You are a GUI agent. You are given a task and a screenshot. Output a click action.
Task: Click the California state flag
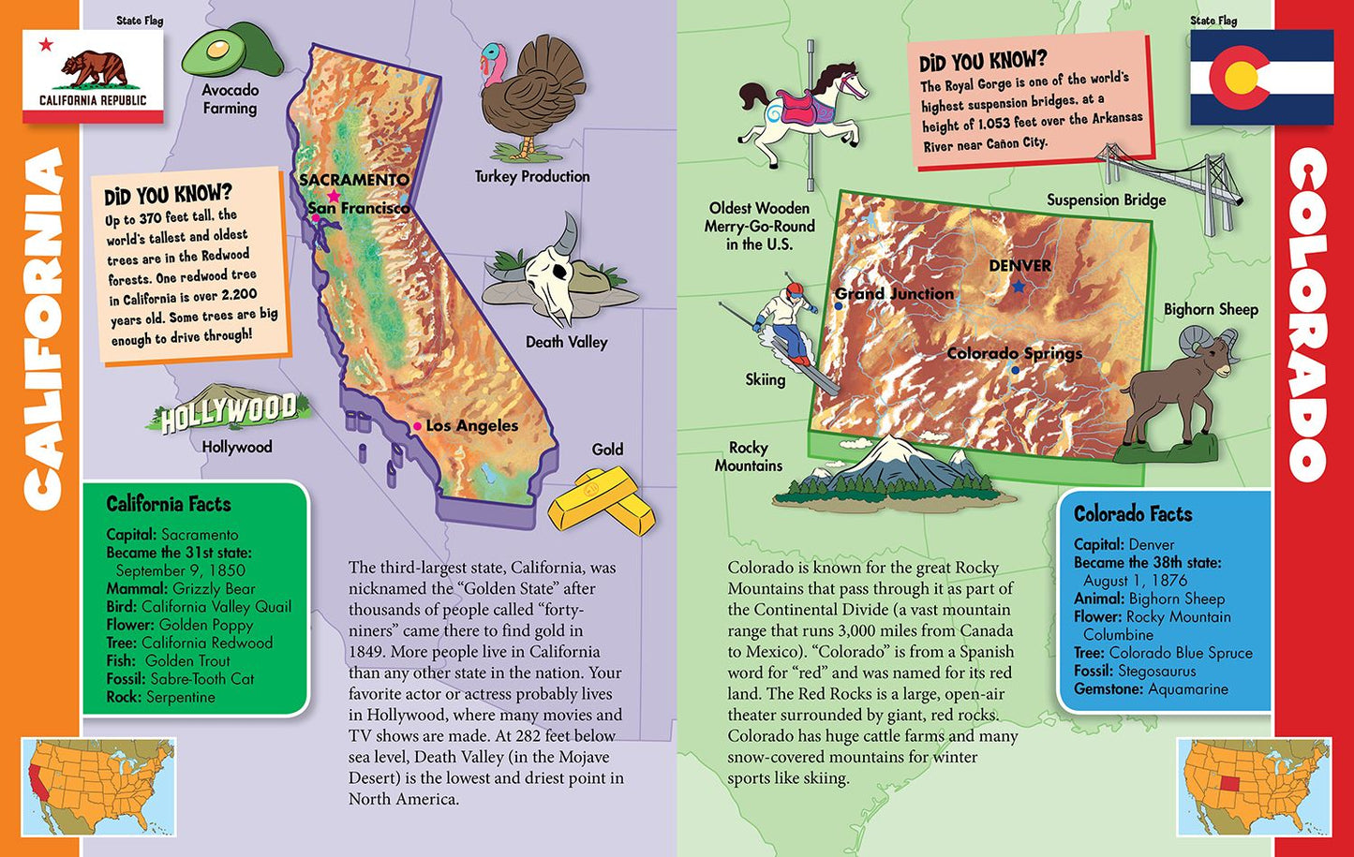pos(92,77)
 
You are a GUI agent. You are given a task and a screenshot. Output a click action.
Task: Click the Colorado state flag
pos(1261,77)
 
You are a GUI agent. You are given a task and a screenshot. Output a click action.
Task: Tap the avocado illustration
pos(231,52)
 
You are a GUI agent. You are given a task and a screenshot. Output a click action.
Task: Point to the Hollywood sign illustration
pos(228,410)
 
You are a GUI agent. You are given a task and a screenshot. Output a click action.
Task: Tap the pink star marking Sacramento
pos(334,197)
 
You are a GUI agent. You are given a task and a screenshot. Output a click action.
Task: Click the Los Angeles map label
pos(471,426)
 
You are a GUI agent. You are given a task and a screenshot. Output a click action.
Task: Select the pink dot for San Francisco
pos(316,218)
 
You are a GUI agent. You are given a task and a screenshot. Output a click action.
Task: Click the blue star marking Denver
pos(1019,287)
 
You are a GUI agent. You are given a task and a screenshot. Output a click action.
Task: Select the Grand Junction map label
pos(894,294)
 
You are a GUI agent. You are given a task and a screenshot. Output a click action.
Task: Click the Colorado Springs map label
pos(1014,353)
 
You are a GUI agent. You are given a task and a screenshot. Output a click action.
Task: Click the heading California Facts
pos(169,504)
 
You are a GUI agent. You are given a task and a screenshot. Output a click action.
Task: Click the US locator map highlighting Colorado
pos(1253,786)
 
